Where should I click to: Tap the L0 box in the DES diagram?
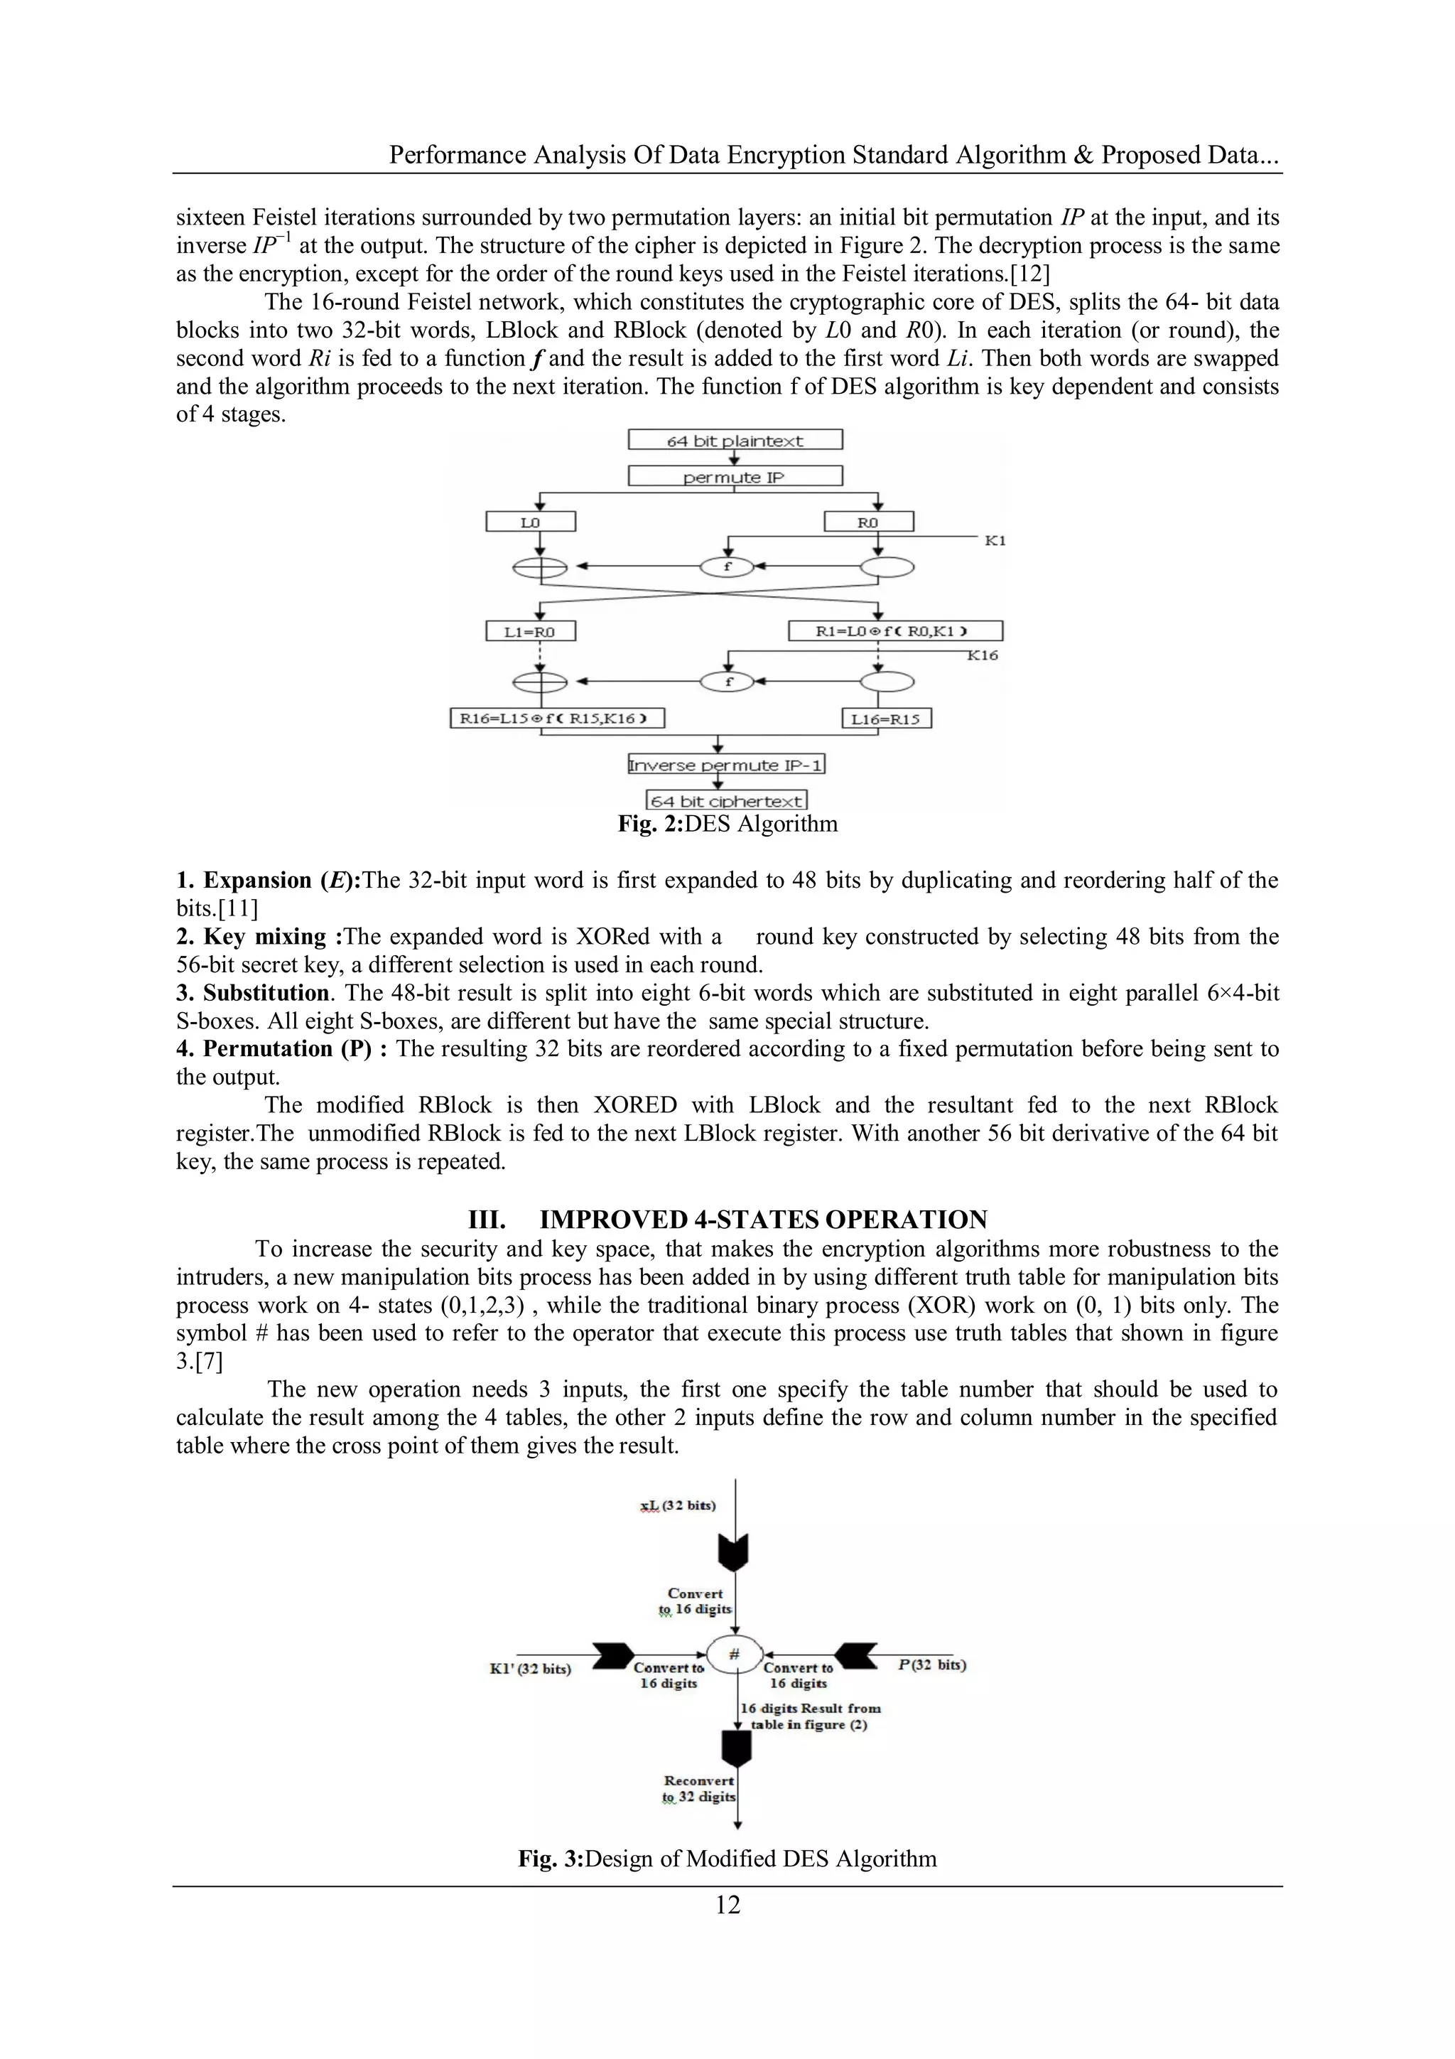pos(531,522)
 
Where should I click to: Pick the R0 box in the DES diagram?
pos(867,522)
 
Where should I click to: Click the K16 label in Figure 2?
pos(983,655)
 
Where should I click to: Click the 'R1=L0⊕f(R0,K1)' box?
pos(894,631)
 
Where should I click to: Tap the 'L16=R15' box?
pos(886,719)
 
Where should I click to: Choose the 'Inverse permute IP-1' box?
pos(726,765)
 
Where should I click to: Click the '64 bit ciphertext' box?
pos(726,801)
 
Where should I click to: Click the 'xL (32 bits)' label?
pos(678,1505)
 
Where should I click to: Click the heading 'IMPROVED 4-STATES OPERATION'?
pos(763,1220)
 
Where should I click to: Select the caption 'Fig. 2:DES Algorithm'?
pos(727,824)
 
